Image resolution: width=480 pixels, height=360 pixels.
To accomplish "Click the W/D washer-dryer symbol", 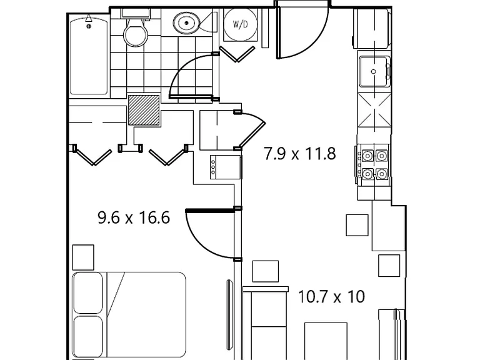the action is click(240, 24).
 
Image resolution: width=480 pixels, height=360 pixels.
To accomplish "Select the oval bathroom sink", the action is click(186, 22).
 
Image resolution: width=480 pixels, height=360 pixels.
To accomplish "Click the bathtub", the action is click(89, 55).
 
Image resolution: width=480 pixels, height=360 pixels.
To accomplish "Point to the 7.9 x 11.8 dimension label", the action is click(300, 154).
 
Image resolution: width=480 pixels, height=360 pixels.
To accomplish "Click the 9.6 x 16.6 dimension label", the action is click(134, 218).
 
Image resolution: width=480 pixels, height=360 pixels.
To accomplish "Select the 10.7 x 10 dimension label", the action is click(331, 297).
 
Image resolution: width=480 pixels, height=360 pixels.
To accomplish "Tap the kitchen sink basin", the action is click(374, 72).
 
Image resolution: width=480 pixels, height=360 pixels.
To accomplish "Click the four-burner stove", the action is click(374, 165).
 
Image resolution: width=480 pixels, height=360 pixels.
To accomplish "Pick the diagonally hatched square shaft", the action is click(144, 110).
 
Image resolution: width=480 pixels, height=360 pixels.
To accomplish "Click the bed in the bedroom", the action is click(129, 315).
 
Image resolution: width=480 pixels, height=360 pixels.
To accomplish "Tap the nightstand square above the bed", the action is click(83, 257).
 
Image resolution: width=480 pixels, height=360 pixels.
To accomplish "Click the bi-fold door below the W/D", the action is click(237, 54).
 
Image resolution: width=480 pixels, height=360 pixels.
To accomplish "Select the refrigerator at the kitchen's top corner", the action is click(372, 29).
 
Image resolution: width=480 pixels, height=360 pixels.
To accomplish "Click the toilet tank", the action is click(136, 13).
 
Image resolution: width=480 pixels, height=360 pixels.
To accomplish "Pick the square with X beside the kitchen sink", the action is click(375, 110).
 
